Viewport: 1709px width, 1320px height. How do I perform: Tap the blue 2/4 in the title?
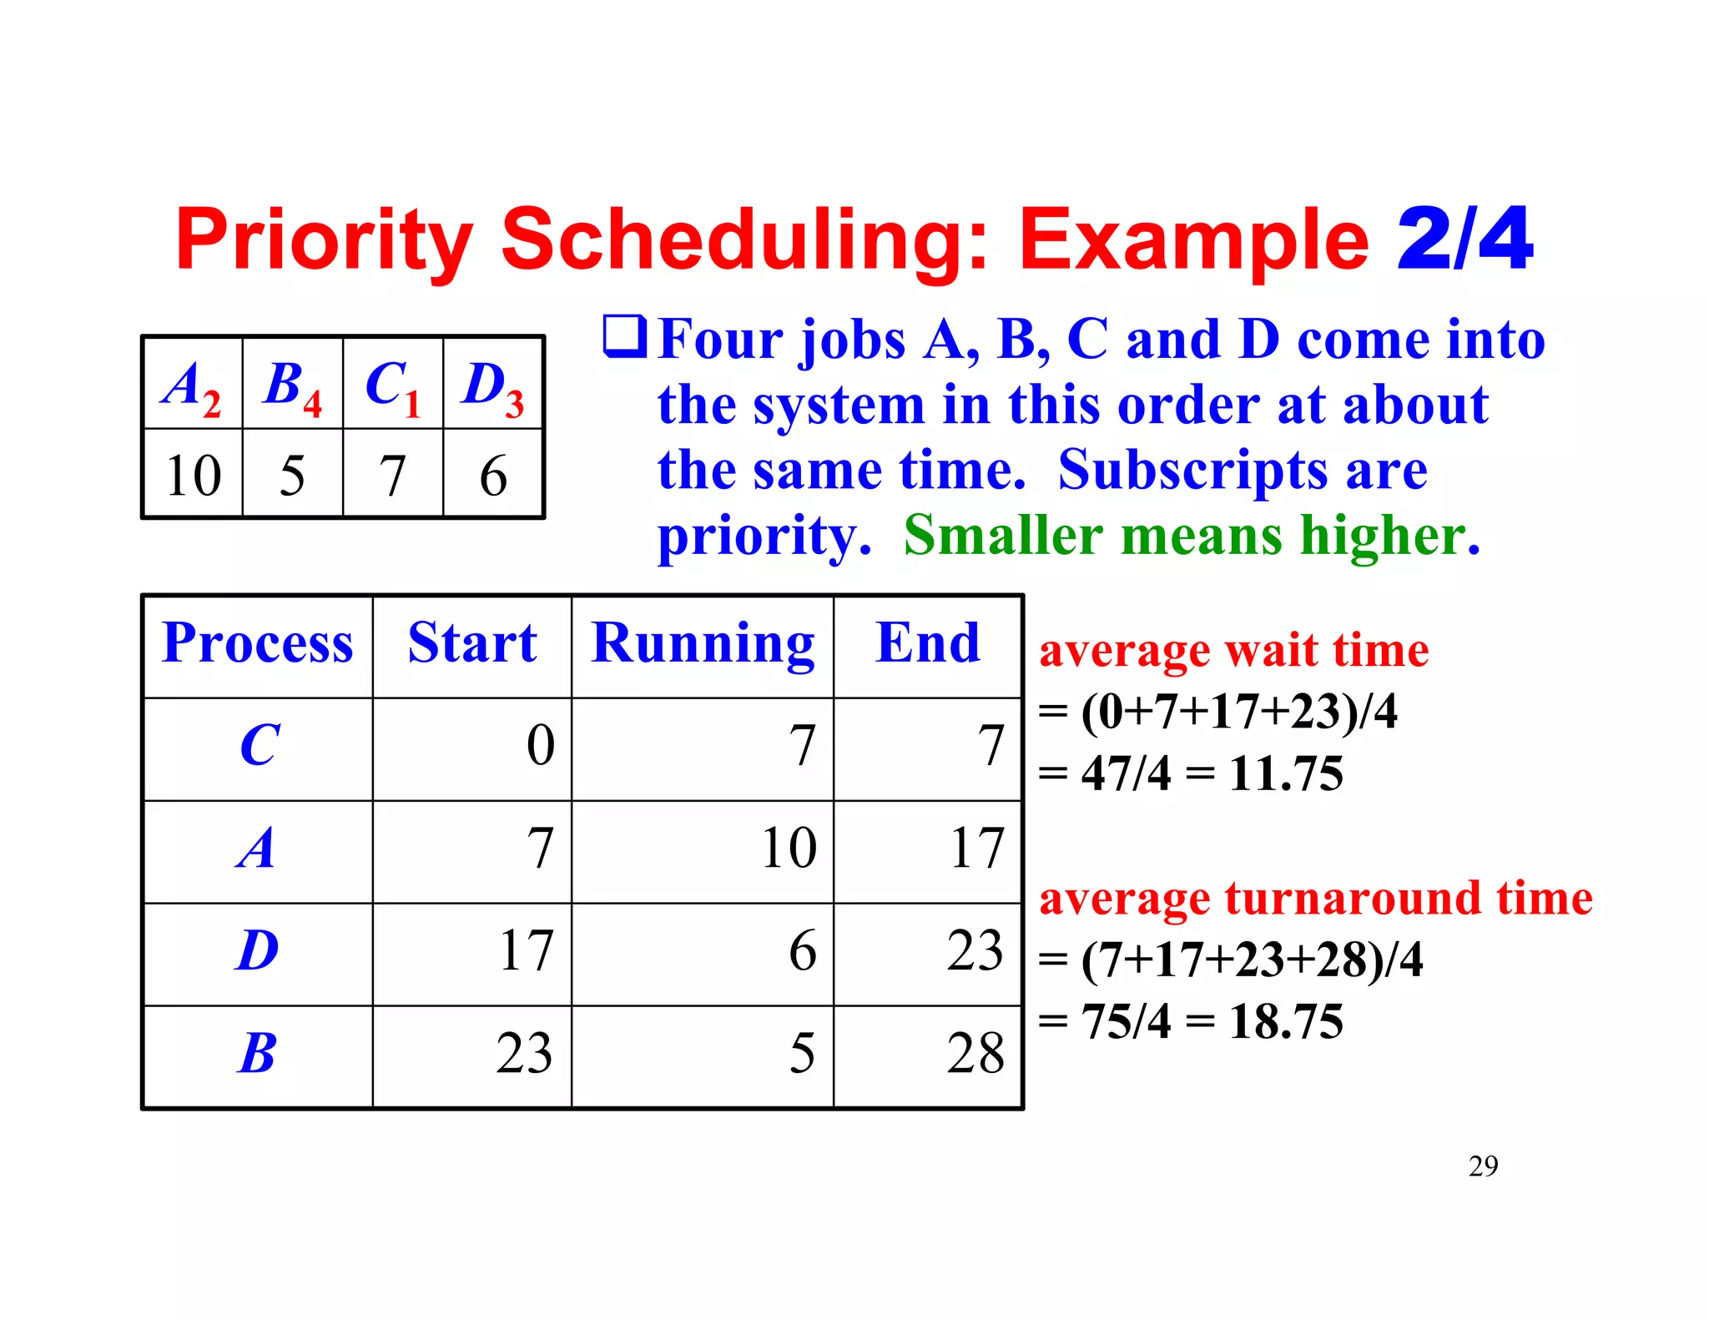pyautogui.click(x=1464, y=240)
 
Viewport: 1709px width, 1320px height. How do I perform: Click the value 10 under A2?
pyautogui.click(x=193, y=476)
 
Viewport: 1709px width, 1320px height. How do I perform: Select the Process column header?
pyautogui.click(x=258, y=643)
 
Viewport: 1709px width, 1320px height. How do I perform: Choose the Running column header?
pyautogui.click(x=703, y=643)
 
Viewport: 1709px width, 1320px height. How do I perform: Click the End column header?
pyautogui.click(x=928, y=643)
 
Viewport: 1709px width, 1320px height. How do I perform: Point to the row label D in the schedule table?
pyautogui.click(x=257, y=950)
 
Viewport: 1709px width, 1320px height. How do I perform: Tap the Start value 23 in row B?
pyautogui.click(x=524, y=1053)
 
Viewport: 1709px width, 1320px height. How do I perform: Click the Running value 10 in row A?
pyautogui.click(x=789, y=849)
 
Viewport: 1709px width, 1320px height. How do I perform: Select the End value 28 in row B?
pyautogui.click(x=975, y=1053)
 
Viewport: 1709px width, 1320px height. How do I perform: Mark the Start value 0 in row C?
pyautogui.click(x=541, y=745)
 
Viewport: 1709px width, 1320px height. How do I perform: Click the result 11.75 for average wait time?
pyautogui.click(x=1286, y=773)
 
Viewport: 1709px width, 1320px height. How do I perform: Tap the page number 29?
pyautogui.click(x=1483, y=1166)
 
